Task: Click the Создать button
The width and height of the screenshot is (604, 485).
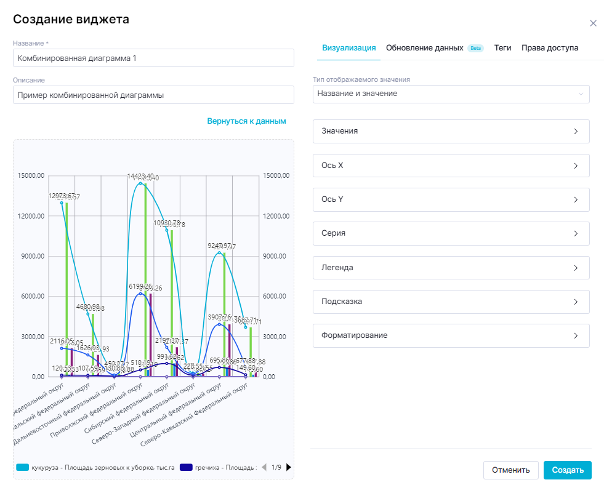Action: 567,470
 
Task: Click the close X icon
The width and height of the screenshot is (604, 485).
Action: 593,23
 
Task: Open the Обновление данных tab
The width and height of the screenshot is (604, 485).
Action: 424,48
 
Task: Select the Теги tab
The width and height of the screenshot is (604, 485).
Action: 502,48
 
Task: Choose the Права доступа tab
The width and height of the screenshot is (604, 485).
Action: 549,48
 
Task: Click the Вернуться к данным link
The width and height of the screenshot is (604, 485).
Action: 246,121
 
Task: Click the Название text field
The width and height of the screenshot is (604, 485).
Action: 153,58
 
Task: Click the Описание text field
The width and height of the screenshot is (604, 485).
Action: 153,95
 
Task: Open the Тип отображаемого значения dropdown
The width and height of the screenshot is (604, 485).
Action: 451,94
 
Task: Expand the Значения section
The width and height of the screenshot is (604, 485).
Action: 451,132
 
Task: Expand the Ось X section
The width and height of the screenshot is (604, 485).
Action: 451,166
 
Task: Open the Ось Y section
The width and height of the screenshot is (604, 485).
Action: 451,200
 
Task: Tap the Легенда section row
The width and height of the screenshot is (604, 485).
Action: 451,268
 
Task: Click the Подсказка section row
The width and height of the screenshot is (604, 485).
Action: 451,302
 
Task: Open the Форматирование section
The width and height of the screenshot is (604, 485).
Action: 451,336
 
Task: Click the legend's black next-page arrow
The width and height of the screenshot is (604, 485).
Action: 289,467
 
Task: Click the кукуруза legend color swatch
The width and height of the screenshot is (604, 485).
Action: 23,468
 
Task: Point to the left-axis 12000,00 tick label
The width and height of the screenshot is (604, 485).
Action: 31,216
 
